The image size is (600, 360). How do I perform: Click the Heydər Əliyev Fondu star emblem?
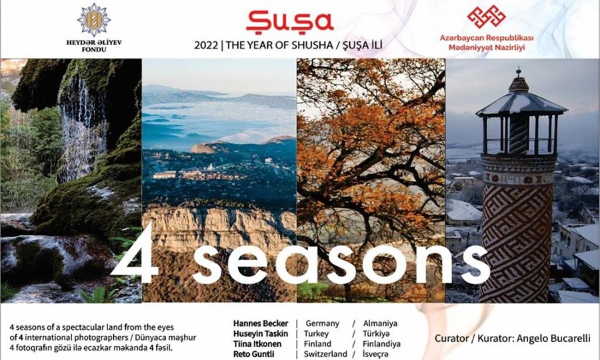[x=94, y=20]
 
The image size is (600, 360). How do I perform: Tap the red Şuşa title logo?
[x=290, y=21]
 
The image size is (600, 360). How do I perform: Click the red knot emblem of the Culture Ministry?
[x=487, y=17]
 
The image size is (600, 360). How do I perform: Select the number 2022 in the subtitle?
[x=206, y=45]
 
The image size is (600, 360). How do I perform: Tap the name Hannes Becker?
[x=261, y=323]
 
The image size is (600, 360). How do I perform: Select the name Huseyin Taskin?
[x=261, y=333]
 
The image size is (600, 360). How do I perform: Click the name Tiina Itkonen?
[x=257, y=344]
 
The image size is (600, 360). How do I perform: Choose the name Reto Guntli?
[x=254, y=354]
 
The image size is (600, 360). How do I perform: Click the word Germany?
[x=322, y=323]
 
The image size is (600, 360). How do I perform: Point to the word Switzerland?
[x=325, y=354]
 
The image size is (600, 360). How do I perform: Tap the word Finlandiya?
[x=381, y=344]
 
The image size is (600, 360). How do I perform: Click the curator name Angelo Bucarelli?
[x=553, y=339]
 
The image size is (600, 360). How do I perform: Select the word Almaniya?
[x=381, y=323]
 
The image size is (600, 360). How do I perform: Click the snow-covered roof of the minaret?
[x=521, y=103]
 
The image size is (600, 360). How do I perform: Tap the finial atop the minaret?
[x=519, y=72]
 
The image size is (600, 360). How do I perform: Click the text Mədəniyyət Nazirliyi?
[x=487, y=48]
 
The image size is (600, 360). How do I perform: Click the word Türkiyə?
[x=377, y=333]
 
